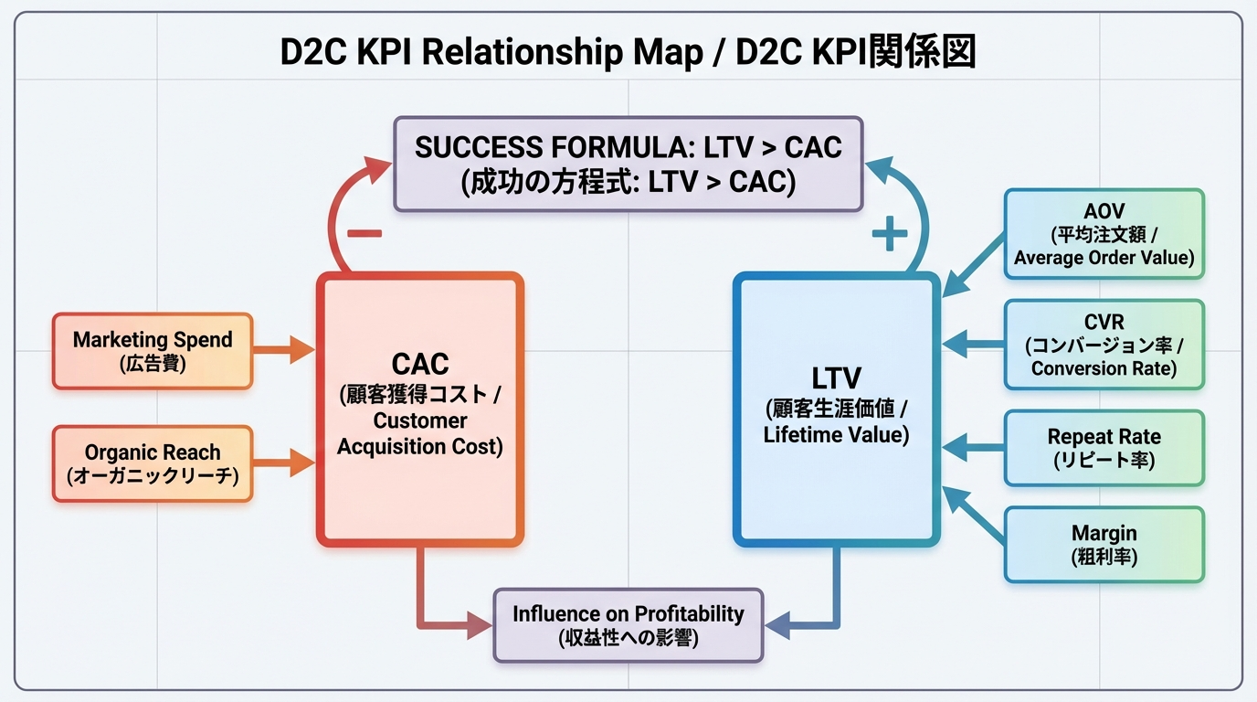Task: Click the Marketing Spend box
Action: [153, 351]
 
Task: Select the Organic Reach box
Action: [153, 463]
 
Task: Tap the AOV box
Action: [1104, 233]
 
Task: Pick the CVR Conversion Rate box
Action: [1104, 345]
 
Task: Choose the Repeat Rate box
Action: [1104, 448]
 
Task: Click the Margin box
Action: [1104, 544]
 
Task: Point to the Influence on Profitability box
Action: [628, 625]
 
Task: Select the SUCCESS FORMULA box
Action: [628, 165]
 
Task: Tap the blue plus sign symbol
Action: [890, 235]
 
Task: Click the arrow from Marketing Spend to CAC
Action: [284, 349]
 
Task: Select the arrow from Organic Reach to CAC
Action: [284, 463]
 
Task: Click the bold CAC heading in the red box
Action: [420, 364]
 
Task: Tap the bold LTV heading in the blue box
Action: [836, 377]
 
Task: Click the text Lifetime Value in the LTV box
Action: [836, 434]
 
